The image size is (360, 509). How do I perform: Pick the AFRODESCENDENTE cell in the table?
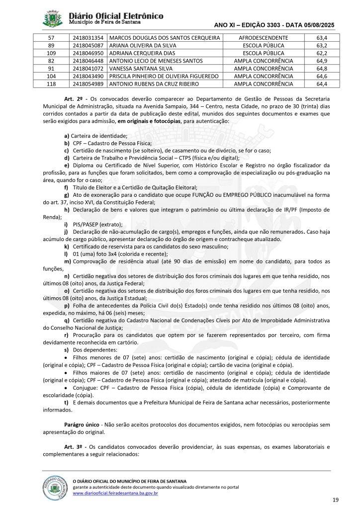264,38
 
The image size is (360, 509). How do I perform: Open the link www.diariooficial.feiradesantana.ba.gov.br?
115,493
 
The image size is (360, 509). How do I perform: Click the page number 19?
335,499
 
